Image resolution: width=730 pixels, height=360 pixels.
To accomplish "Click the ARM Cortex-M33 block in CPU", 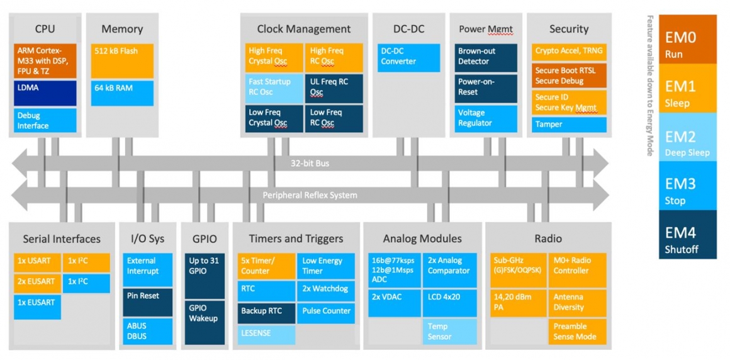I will tap(45, 60).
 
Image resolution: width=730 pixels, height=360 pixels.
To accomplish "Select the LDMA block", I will tap(45, 93).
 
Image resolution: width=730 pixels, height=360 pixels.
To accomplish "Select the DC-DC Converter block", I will tap(409, 57).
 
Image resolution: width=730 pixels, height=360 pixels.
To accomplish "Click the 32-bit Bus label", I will tap(310, 164).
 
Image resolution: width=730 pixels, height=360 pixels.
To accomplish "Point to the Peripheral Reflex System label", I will tap(310, 195).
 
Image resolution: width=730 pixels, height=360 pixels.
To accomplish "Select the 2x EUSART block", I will tap(37, 283).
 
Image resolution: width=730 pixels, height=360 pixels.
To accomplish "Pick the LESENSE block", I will tap(266, 334).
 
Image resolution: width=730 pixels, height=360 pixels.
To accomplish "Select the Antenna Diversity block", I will tap(577, 302).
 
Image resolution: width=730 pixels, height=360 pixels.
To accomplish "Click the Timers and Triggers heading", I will tap(296, 239).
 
